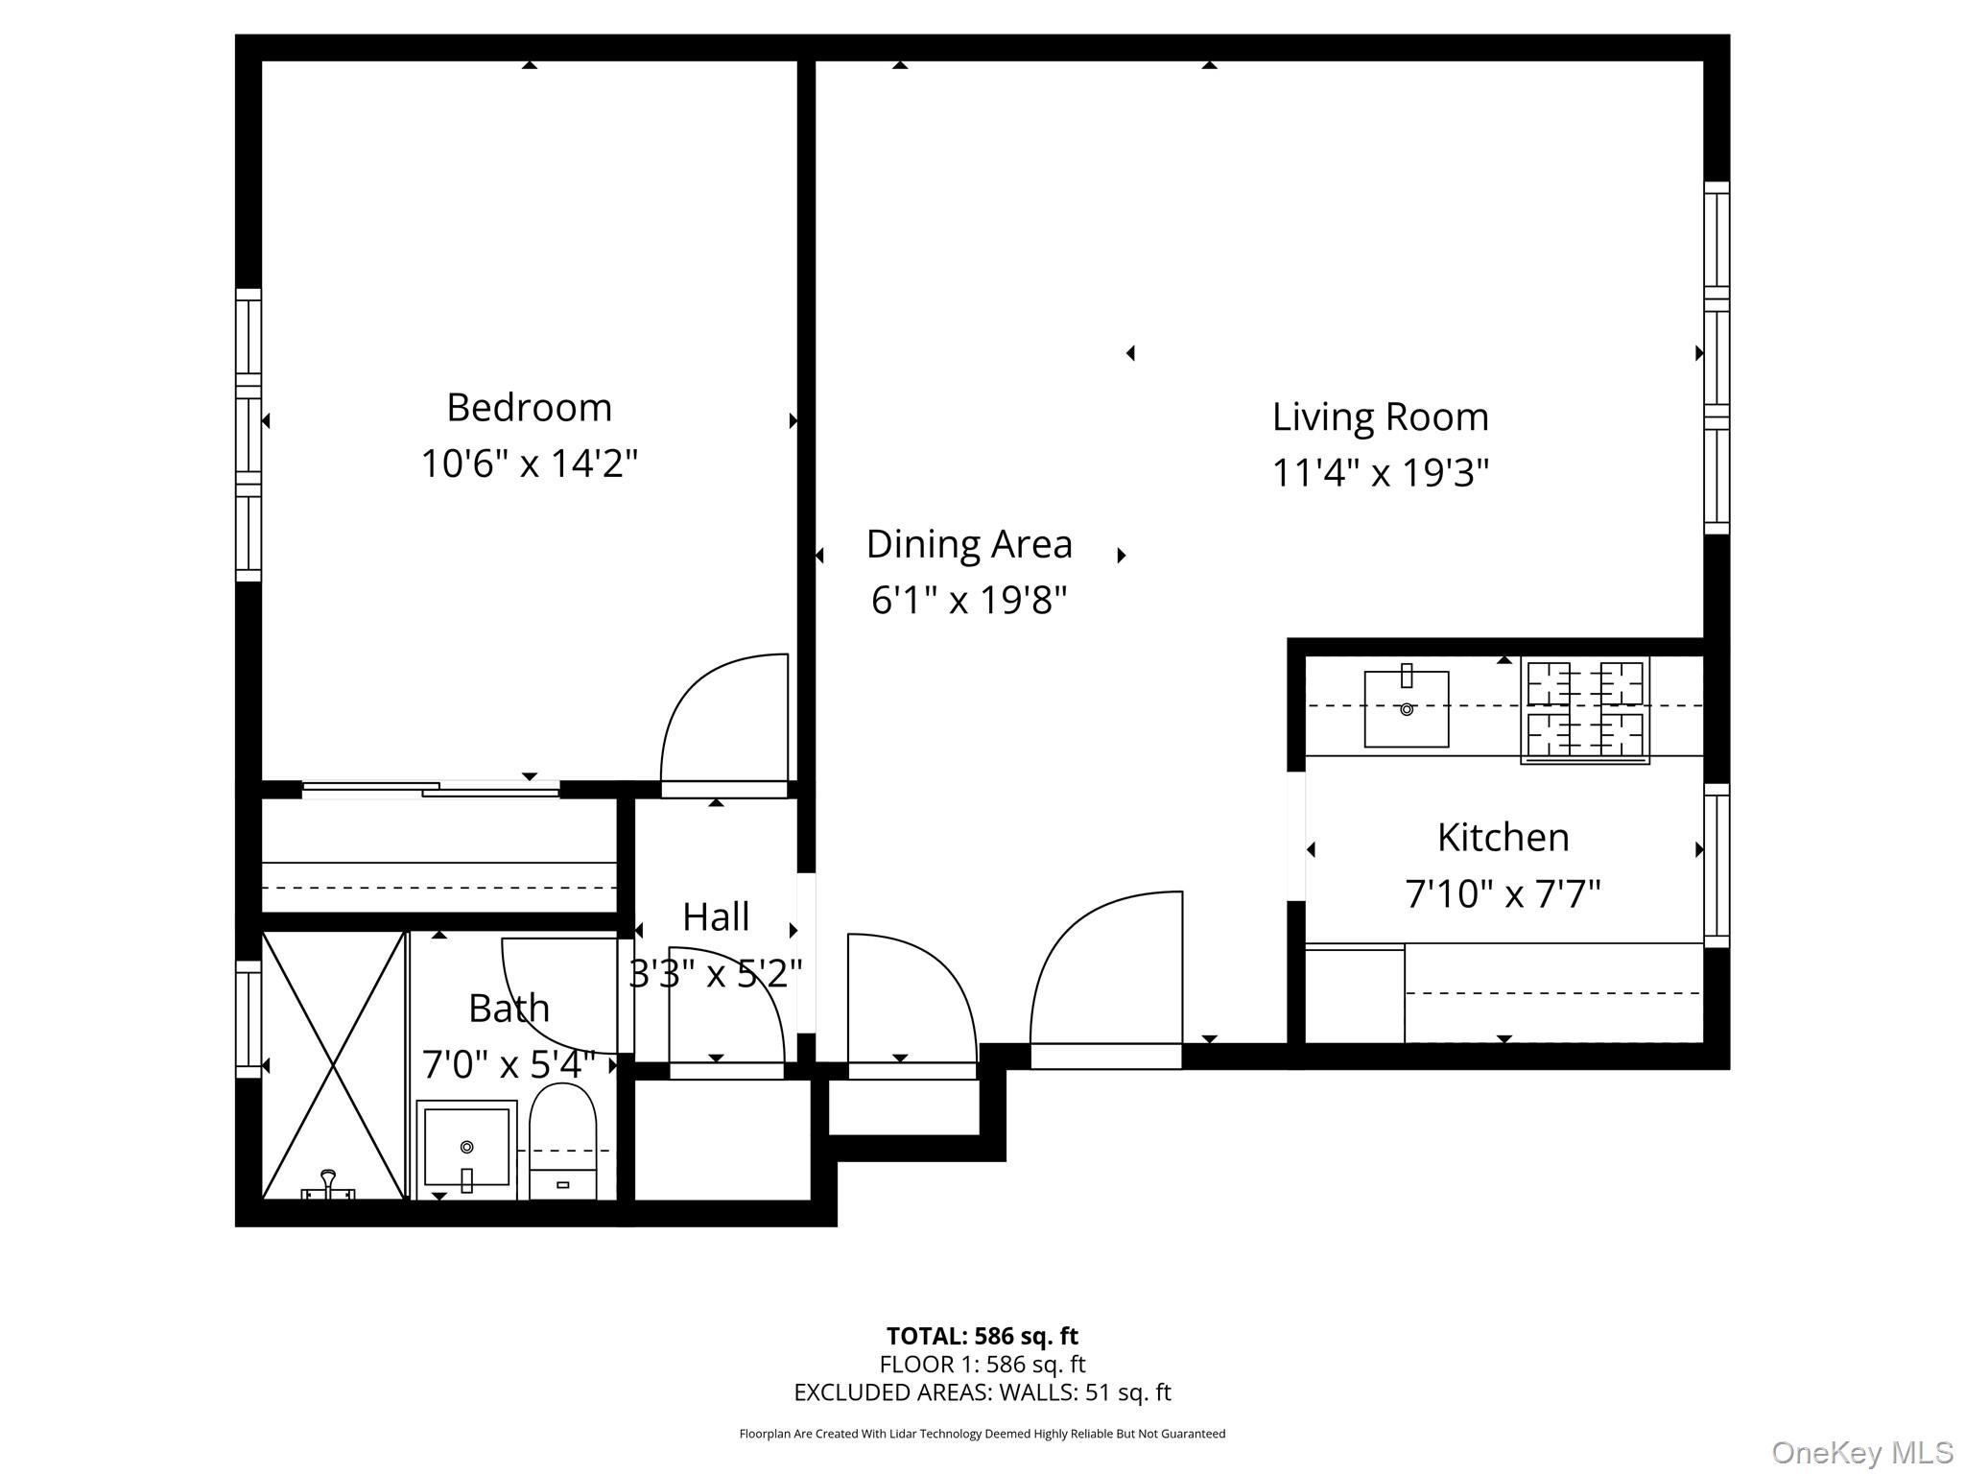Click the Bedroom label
click(x=529, y=408)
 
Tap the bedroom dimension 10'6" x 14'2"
click(x=529, y=464)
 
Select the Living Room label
click(x=1380, y=417)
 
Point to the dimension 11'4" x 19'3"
click(x=1380, y=473)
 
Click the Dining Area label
click(x=969, y=544)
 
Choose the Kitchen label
click(x=1503, y=838)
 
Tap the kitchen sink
click(x=1407, y=709)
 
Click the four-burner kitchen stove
click(x=1584, y=710)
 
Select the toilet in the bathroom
click(x=563, y=1143)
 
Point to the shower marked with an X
click(x=333, y=1065)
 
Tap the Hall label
click(x=716, y=917)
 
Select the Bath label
click(x=509, y=1009)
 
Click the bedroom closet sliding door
click(x=431, y=790)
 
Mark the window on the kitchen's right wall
click(x=1716, y=865)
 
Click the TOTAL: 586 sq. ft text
click(x=982, y=1336)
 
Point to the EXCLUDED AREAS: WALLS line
click(x=982, y=1392)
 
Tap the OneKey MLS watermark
click(x=1861, y=1453)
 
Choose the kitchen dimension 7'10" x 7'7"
click(x=1503, y=894)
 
